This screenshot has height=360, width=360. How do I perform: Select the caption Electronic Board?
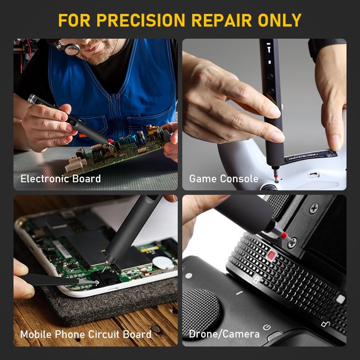(x=61, y=179)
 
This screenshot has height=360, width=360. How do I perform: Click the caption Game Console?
(x=224, y=179)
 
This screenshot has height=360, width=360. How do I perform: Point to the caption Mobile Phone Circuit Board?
(x=85, y=334)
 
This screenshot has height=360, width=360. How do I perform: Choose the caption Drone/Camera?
(x=224, y=334)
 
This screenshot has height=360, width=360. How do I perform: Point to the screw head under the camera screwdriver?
(x=292, y=242)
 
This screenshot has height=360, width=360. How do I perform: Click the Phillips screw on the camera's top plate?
(x=314, y=208)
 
